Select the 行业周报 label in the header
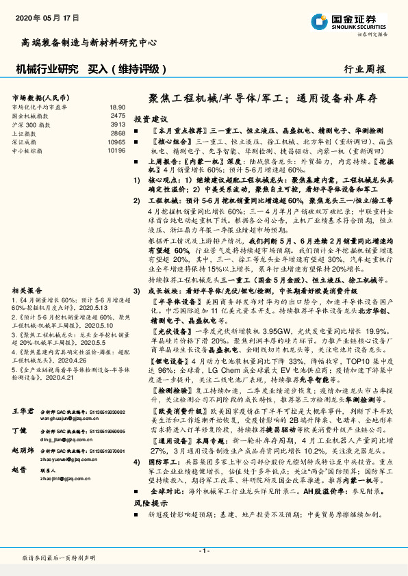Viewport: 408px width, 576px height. click(364, 68)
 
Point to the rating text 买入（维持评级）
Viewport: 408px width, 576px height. click(128, 68)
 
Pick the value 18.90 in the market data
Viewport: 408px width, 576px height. click(117, 108)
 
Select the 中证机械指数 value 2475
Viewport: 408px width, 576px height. click(118, 116)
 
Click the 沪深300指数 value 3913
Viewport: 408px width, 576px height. click(118, 125)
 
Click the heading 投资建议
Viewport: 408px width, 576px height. click(150, 118)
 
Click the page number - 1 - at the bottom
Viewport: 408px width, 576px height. click(203, 551)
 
